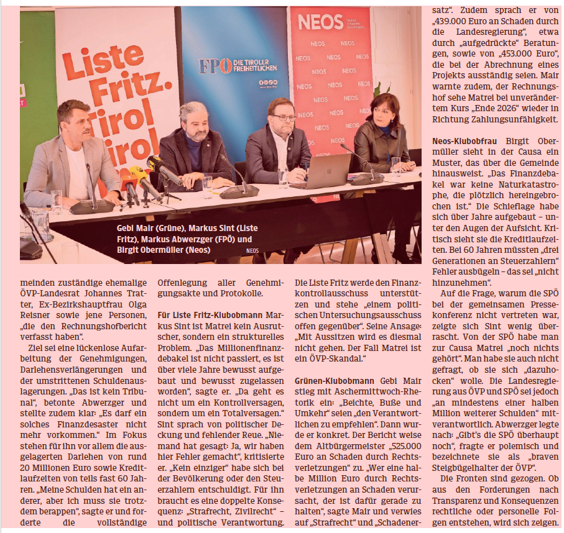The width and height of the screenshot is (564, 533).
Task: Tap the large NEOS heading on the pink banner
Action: pyautogui.click(x=320, y=22)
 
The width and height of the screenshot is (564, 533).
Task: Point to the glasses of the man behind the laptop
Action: pyautogui.click(x=284, y=117)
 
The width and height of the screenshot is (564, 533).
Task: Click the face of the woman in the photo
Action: pyautogui.click(x=380, y=112)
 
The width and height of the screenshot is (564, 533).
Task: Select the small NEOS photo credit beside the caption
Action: pyautogui.click(x=252, y=252)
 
